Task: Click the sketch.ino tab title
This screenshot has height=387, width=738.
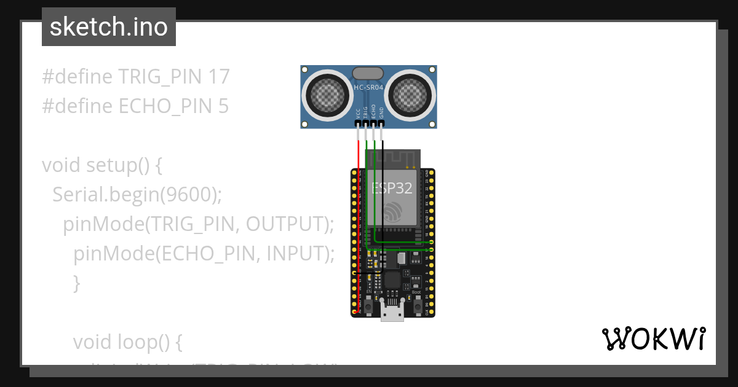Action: click(109, 27)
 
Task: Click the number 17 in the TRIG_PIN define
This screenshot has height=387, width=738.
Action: click(218, 77)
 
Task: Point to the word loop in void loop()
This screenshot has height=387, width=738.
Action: click(140, 342)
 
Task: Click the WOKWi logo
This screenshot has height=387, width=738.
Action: click(653, 338)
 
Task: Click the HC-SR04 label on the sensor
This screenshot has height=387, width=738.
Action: click(369, 88)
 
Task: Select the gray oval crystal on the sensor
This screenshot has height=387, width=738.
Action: click(369, 73)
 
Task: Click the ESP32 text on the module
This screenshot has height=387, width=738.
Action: click(392, 188)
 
